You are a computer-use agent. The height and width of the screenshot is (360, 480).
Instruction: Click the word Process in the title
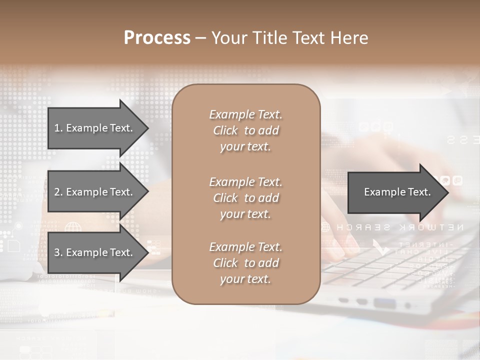click(157, 38)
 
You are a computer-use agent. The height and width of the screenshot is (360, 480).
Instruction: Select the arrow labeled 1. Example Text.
click(95, 128)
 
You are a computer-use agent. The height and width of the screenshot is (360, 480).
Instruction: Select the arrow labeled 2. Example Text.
click(95, 192)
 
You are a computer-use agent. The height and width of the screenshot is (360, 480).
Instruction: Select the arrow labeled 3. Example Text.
click(95, 252)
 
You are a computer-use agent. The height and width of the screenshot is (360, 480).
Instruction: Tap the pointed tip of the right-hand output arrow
click(447, 192)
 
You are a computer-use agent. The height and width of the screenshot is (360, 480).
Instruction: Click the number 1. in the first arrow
click(58, 128)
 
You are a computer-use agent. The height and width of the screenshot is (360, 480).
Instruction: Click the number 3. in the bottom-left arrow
click(58, 252)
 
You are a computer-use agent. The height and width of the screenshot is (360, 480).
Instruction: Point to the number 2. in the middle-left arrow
click(58, 192)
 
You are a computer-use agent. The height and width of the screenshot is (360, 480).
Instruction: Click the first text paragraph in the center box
click(245, 130)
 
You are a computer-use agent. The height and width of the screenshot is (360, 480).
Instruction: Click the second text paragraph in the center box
click(245, 198)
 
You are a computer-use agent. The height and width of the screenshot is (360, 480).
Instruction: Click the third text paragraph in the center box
click(245, 263)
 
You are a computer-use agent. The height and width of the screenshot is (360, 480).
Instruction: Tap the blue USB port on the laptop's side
click(384, 302)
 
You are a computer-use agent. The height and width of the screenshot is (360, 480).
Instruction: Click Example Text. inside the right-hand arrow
click(397, 192)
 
